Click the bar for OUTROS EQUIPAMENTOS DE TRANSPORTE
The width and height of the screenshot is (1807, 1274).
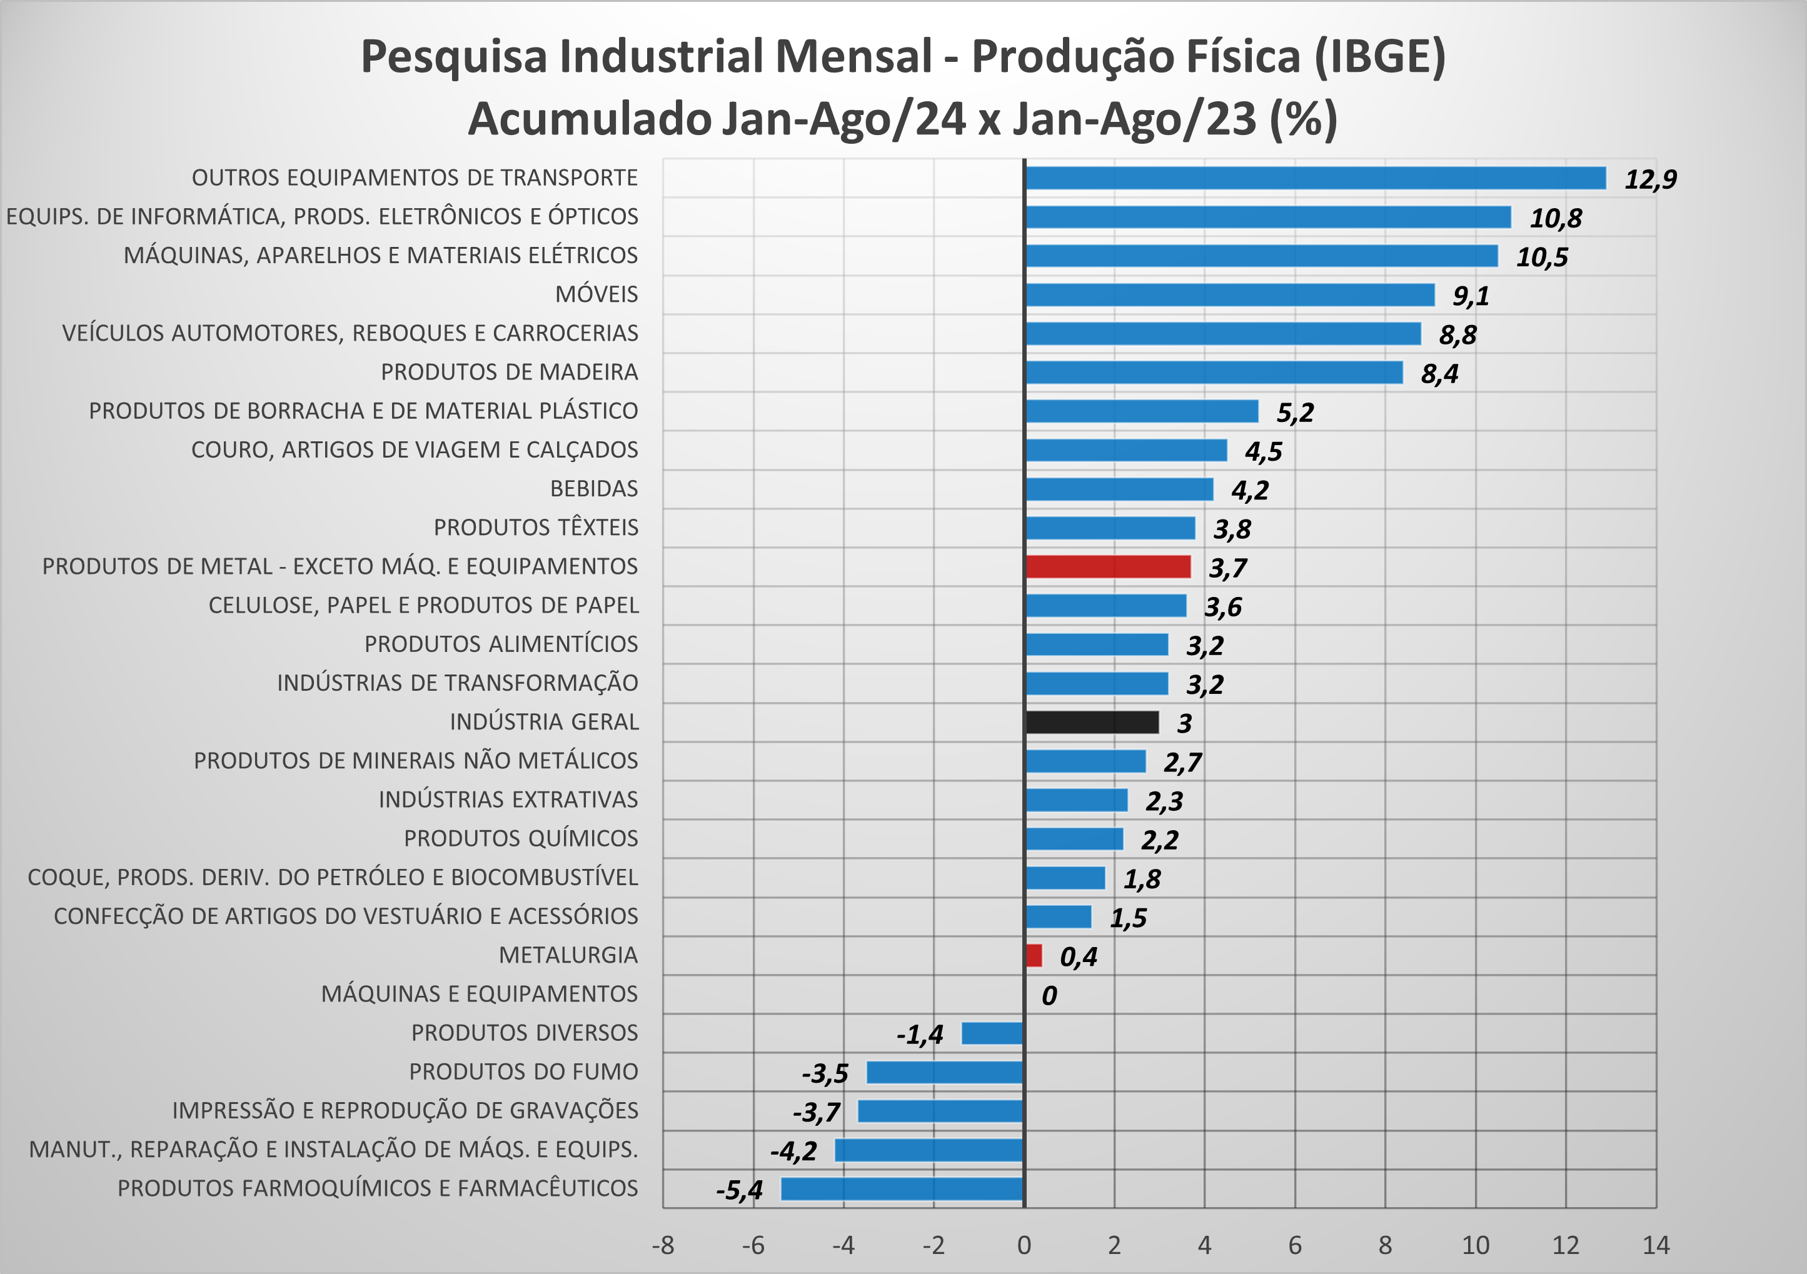[x=1314, y=178]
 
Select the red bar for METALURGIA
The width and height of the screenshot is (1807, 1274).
[x=1034, y=955]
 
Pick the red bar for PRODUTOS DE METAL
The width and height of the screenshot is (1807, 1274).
[x=1107, y=566]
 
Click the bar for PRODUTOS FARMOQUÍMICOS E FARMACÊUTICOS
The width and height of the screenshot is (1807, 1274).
[x=902, y=1188]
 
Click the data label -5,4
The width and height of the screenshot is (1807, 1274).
[x=739, y=1190]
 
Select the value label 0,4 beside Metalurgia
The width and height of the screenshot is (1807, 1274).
[x=1078, y=957]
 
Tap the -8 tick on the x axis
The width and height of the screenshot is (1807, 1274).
[x=663, y=1245]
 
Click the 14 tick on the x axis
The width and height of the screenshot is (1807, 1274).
[x=1656, y=1245]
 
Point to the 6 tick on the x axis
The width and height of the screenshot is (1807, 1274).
[x=1295, y=1245]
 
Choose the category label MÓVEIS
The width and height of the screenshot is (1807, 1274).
[x=596, y=294]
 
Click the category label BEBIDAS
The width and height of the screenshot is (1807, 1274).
[x=594, y=489]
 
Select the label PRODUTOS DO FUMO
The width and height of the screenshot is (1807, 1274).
[x=523, y=1071]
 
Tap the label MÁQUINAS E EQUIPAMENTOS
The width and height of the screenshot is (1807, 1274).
[x=480, y=994]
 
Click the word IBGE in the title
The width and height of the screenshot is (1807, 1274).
[x=1380, y=57]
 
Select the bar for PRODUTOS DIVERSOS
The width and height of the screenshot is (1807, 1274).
[x=992, y=1033]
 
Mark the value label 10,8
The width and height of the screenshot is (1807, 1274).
[x=1555, y=218]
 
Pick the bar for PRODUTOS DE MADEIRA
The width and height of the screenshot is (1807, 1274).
[x=1214, y=372]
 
